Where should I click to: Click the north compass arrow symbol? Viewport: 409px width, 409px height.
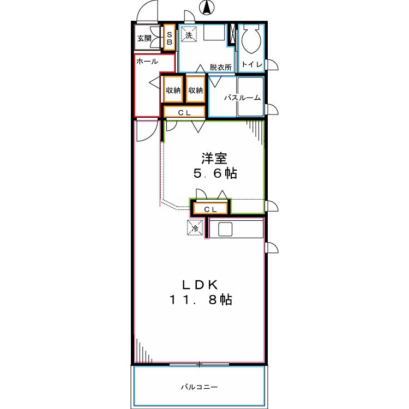(x=207, y=8)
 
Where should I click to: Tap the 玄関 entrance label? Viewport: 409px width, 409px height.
(x=144, y=38)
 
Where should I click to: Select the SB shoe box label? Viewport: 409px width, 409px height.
(x=169, y=38)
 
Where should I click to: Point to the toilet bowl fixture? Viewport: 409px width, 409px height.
(x=252, y=40)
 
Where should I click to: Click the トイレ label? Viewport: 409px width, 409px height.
(x=252, y=65)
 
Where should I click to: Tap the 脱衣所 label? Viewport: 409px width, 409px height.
(x=221, y=67)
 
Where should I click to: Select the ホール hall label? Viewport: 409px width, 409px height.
(x=147, y=61)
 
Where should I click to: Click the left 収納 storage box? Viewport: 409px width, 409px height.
(x=173, y=91)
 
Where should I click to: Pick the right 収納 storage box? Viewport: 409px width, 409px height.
(x=196, y=91)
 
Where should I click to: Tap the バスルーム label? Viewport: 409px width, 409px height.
(x=242, y=98)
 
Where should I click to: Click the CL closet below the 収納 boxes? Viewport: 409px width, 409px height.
(x=184, y=112)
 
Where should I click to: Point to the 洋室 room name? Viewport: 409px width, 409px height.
(x=214, y=159)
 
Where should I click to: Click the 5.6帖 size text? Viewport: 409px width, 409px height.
(x=214, y=174)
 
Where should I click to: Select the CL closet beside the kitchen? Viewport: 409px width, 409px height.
(x=210, y=209)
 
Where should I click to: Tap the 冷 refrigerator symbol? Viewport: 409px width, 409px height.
(x=195, y=228)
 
